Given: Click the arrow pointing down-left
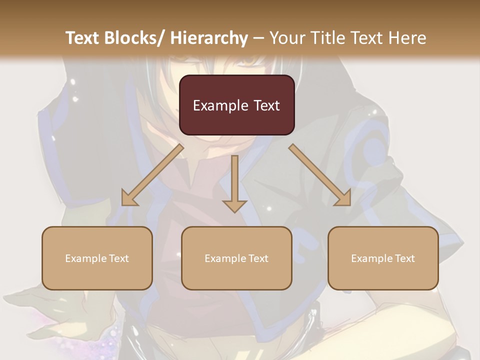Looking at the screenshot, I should click(152, 175).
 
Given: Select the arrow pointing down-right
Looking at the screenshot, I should click(320, 175).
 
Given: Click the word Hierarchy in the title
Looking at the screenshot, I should click(209, 38).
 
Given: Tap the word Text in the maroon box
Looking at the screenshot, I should click(266, 105).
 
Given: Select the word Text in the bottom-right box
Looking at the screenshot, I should click(404, 258).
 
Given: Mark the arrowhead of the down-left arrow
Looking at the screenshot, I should click(128, 199).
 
